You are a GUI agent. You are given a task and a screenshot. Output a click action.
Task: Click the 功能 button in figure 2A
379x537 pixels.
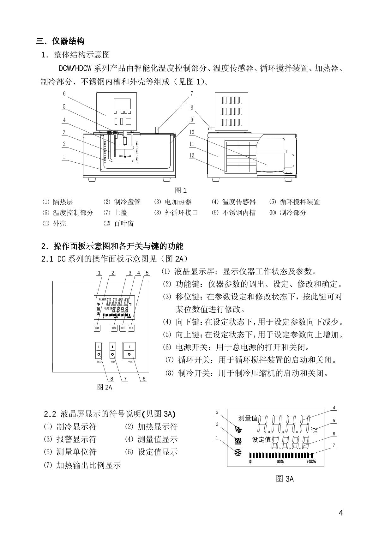coord(97,328)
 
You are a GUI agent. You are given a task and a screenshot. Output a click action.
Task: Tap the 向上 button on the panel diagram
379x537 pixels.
coord(131,328)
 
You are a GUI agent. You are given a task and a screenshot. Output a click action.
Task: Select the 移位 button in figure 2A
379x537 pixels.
coord(114,328)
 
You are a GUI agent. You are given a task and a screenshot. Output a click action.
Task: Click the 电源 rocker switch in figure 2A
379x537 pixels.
coord(129,350)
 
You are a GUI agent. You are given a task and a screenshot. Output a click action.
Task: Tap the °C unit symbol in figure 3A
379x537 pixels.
coord(314,430)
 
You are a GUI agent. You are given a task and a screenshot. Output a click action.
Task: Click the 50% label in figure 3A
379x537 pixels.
coord(280,462)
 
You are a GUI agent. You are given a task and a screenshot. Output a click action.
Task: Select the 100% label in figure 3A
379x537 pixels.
coord(311,462)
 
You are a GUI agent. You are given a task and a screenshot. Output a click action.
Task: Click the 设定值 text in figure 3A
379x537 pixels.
coord(261,439)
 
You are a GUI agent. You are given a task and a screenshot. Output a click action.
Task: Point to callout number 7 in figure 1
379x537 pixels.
coord(192,94)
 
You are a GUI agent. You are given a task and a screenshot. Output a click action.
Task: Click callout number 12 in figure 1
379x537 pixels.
coord(192,155)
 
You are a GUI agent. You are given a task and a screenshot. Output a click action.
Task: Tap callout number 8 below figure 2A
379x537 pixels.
coord(112,378)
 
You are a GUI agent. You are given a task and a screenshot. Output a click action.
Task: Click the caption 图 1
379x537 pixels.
coord(181,190)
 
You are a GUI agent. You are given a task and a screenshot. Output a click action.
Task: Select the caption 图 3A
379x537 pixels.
coord(285,479)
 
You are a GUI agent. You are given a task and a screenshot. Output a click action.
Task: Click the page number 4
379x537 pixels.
coord(340,512)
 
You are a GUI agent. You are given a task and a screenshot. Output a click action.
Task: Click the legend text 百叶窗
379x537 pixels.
coord(124,224)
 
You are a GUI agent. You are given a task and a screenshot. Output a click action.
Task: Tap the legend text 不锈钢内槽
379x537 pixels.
coord(239,213)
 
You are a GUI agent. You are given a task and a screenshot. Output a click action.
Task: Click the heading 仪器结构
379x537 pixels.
coord(69,41)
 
